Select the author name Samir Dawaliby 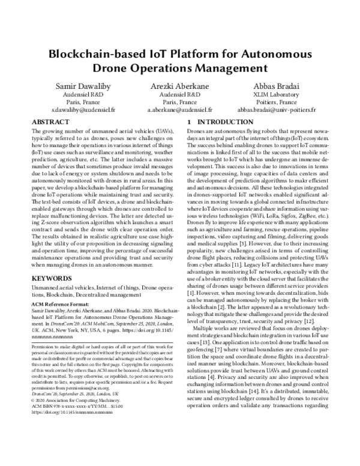pos(83,85)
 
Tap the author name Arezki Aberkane pos(179,85)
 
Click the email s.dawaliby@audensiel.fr pos(83,111)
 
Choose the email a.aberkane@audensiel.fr pos(179,111)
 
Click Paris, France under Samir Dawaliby pos(83,103)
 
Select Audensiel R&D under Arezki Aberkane pos(179,94)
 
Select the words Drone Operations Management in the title pos(179,68)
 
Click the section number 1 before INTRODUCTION pos(188,121)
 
